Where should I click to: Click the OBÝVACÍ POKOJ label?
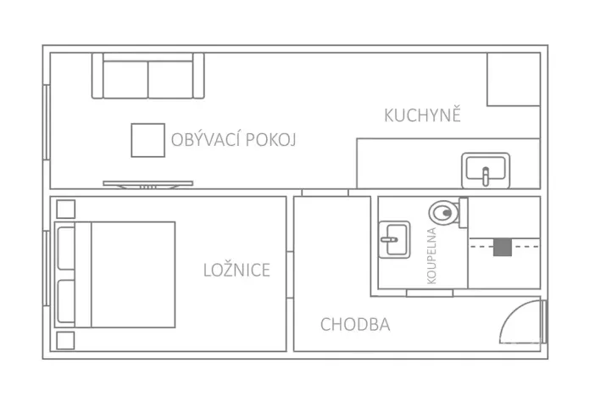232,139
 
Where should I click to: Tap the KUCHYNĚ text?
422,115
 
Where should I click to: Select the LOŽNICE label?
236,271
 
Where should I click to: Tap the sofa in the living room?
148,76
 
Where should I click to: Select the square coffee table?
147,140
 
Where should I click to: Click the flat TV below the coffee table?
148,183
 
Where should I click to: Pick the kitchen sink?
485,170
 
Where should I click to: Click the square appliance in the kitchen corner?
514,80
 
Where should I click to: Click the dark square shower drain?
503,247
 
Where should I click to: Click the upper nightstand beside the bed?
65,208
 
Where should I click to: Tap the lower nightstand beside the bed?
65,340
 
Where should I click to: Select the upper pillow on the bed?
66,247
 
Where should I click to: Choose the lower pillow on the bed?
66,301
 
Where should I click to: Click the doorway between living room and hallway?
325,193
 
